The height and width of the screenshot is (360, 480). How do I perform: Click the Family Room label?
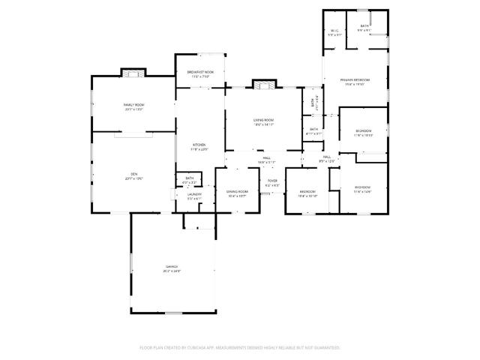point(133,104)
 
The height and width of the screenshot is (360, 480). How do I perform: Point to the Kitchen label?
point(198,145)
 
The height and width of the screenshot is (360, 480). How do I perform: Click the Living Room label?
point(262,120)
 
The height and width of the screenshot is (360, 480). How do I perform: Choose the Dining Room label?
point(237,191)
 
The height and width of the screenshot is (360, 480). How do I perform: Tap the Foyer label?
point(272,180)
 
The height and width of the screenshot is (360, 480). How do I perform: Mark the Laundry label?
point(194,194)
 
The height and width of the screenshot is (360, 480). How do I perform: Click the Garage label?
point(172,267)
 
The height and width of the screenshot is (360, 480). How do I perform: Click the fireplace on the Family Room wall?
point(133,73)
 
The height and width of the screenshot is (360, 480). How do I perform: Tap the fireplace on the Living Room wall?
point(262,85)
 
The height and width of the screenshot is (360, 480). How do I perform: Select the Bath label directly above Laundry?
point(190,178)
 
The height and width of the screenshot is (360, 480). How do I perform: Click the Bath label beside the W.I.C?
point(364,26)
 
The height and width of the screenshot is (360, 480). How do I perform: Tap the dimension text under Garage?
point(172,271)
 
